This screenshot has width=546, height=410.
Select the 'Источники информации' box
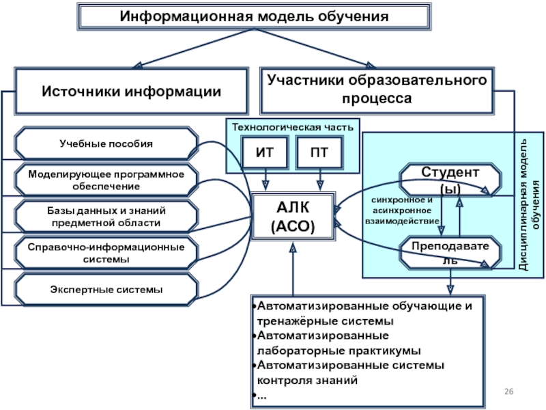click(132, 91)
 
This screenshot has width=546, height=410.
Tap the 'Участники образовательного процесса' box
click(377, 90)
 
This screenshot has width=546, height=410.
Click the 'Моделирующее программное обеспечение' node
click(106, 180)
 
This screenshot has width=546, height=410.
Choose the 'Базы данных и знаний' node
click(106, 217)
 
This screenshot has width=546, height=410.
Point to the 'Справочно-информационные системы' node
click(106, 253)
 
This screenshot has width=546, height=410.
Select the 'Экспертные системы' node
click(106, 290)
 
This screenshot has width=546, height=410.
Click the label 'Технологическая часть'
click(292, 126)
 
